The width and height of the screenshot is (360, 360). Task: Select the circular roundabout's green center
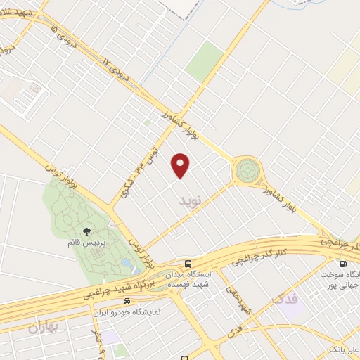coord(247,169)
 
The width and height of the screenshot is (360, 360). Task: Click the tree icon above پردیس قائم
coord(86,231)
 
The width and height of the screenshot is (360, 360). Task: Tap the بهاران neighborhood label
coord(46,327)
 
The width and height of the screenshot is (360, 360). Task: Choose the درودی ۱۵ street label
coord(60,35)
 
